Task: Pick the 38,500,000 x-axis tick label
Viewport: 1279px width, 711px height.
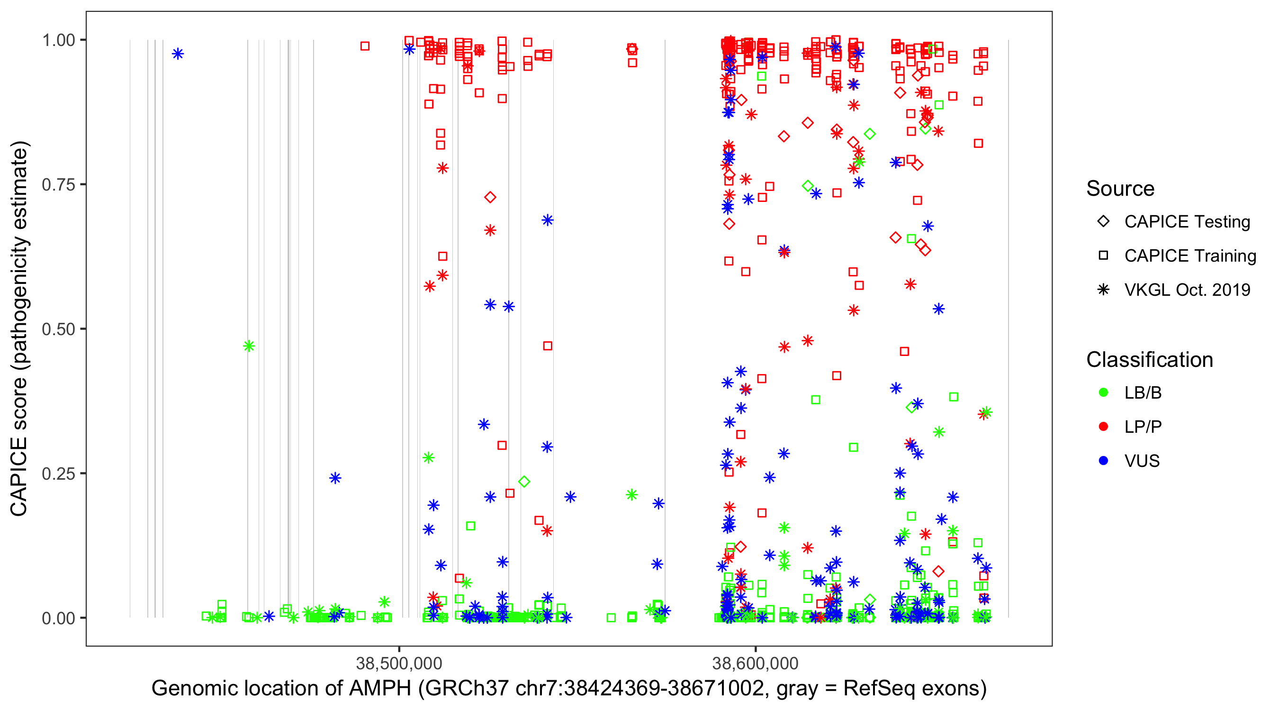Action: tap(399, 663)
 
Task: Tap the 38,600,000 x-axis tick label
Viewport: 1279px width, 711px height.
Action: tap(755, 663)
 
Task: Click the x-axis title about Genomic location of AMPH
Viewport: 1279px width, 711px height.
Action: tap(568, 689)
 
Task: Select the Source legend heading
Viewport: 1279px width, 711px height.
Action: tap(1120, 189)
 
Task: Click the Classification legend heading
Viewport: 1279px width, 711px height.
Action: tap(1149, 360)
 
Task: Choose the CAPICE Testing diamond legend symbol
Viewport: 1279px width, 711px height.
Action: tap(1103, 222)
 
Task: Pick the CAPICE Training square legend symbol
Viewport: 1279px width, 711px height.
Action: tap(1103, 256)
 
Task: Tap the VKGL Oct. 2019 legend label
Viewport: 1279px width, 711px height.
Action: tap(1187, 290)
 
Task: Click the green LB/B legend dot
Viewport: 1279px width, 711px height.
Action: tap(1103, 392)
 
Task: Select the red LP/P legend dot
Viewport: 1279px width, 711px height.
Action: tap(1103, 427)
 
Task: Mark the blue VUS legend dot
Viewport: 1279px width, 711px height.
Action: tap(1103, 461)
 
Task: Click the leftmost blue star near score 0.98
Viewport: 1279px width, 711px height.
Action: tap(178, 54)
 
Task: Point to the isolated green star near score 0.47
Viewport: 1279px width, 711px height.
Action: tap(249, 346)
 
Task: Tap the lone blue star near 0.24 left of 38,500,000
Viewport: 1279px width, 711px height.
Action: tap(335, 478)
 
